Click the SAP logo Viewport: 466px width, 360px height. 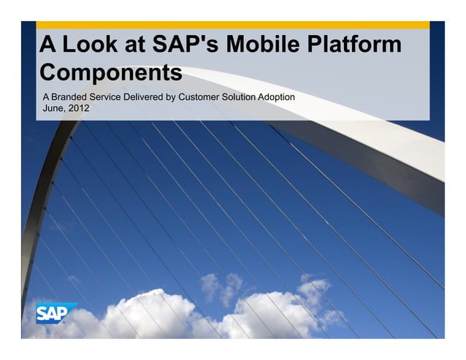[x=57, y=313]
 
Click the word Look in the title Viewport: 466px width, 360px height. [x=88, y=45]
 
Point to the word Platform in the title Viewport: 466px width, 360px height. [x=354, y=45]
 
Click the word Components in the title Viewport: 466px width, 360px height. [x=110, y=73]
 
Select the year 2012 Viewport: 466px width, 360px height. [x=80, y=110]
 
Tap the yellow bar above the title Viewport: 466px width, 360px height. [x=232, y=25]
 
